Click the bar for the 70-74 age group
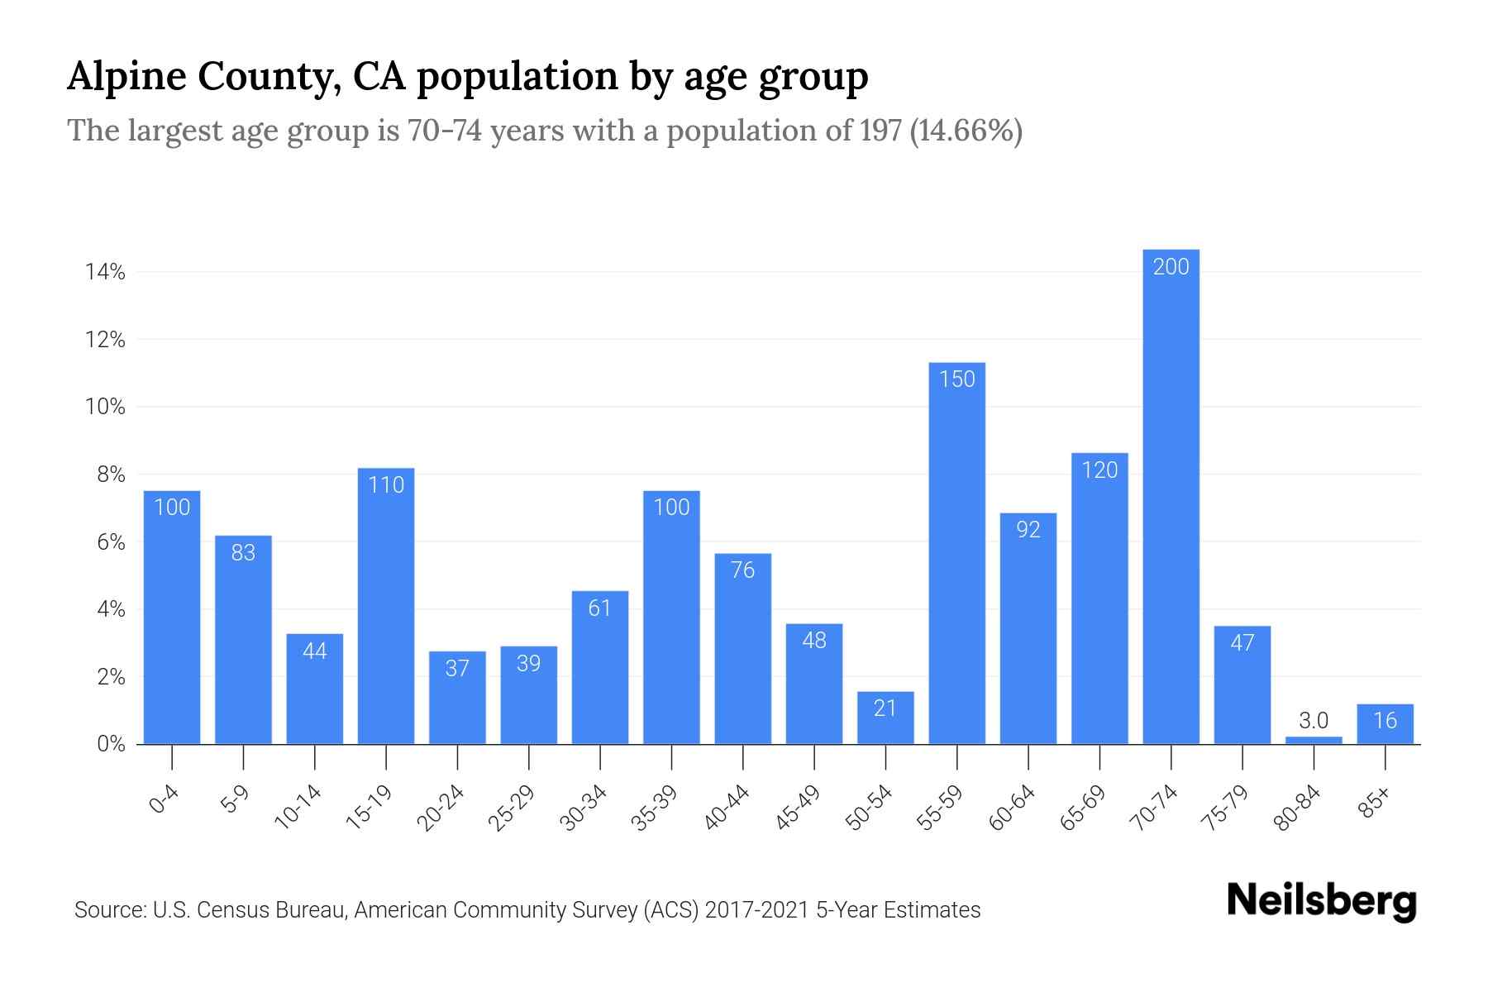[1171, 496]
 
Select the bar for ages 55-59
[956, 554]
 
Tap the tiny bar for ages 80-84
[1314, 740]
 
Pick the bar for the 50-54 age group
[885, 718]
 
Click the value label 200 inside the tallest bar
[1171, 267]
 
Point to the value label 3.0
[1314, 721]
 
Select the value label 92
[1028, 530]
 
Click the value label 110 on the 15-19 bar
[386, 484]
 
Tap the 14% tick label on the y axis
[105, 272]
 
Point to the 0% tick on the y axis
[111, 744]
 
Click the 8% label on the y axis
[111, 475]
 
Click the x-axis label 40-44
[727, 808]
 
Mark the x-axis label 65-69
[1084, 808]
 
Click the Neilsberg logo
[1321, 901]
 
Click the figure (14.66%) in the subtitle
[966, 131]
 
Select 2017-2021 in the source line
[757, 910]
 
